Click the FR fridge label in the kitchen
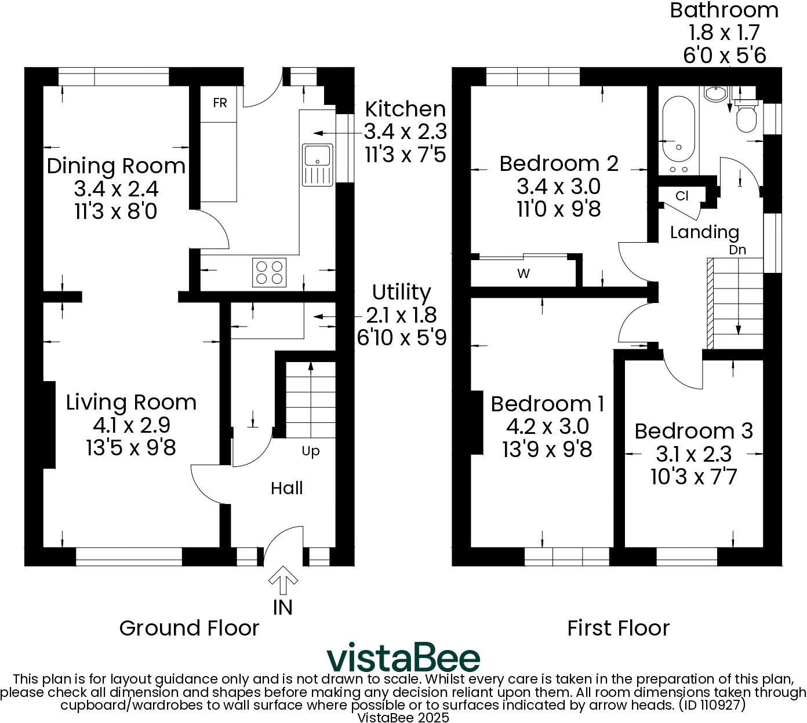[x=220, y=103]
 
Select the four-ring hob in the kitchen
[x=269, y=272]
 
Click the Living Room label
[x=131, y=402]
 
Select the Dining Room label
[x=116, y=166]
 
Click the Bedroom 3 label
[x=693, y=431]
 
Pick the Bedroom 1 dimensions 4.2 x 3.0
[x=547, y=426]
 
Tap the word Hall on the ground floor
[x=286, y=488]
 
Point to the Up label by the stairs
[x=310, y=451]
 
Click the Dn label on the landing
[x=737, y=250]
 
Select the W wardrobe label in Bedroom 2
[x=523, y=273]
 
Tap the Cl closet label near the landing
[x=682, y=196]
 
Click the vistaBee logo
[x=403, y=658]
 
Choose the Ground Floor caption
[x=189, y=628]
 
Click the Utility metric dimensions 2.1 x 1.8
[x=401, y=315]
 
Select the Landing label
[x=704, y=232]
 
